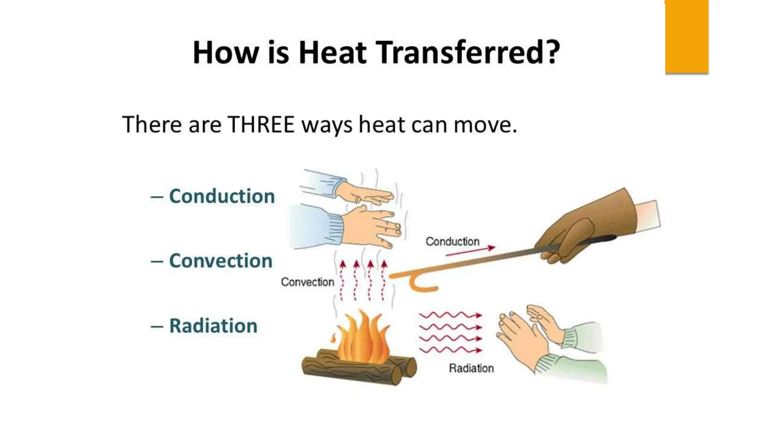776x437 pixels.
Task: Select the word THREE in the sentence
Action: click(261, 124)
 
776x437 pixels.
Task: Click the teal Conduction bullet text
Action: click(222, 196)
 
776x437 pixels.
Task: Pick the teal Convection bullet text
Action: click(221, 261)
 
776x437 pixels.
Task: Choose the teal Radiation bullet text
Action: click(213, 326)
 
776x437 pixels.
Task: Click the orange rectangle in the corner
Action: click(687, 36)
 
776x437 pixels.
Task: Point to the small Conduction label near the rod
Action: click(452, 242)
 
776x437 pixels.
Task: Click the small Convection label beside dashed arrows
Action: click(307, 282)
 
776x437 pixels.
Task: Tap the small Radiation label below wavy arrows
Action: click(471, 368)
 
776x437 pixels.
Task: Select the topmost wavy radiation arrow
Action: click(450, 315)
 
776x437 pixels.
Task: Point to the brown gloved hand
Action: click(584, 228)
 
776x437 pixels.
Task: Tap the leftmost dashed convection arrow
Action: click(342, 281)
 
